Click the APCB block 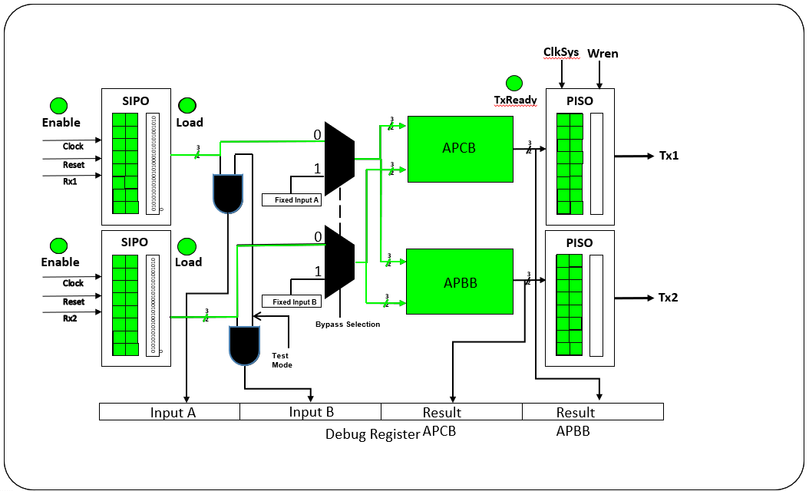point(460,149)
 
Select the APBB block point(460,282)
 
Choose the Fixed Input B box point(291,302)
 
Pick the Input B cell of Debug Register point(311,412)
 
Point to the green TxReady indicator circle point(514,83)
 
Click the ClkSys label point(561,53)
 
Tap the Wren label point(603,53)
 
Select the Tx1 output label point(669,156)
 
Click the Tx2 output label point(669,298)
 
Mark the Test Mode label point(282,360)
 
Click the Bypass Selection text point(348,325)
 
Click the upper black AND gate point(228,193)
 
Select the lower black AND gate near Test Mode point(245,345)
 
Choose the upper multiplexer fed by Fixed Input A point(338,158)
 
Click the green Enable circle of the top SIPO point(58,106)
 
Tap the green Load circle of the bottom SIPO point(187,246)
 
